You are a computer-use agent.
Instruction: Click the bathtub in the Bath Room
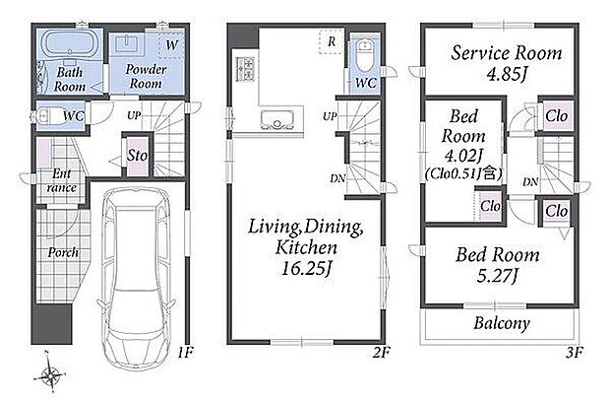[x=70, y=44]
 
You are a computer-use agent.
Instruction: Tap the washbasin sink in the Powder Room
[x=127, y=42]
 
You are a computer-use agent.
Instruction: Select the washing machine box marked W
[x=171, y=44]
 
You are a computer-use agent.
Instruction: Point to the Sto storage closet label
[x=138, y=156]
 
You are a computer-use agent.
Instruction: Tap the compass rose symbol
[x=50, y=375]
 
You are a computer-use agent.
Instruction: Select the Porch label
[x=63, y=253]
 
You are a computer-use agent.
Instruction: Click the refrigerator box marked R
[x=332, y=41]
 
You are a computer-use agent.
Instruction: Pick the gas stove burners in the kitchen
[x=245, y=69]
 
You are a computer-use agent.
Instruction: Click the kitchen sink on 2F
[x=276, y=119]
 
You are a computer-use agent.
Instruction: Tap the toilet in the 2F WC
[x=365, y=54]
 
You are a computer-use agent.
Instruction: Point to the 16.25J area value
[x=307, y=269]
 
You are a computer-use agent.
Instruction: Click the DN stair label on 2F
[x=337, y=178]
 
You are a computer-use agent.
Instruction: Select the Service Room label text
[x=507, y=53]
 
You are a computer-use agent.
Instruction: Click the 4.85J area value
[x=507, y=74]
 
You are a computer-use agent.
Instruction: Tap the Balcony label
[x=502, y=323]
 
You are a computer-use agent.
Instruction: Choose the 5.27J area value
[x=498, y=276]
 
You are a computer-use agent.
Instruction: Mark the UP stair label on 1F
[x=134, y=115]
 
